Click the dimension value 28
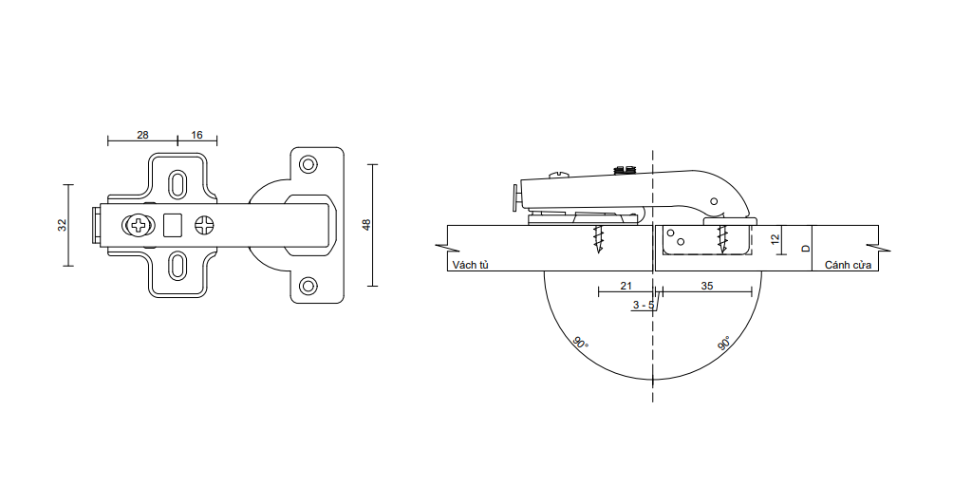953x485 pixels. [142, 135]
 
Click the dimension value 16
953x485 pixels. [196, 135]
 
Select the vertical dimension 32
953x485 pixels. [62, 225]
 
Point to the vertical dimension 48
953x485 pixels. [365, 225]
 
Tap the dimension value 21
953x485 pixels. [626, 285]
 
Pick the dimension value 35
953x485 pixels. [707, 285]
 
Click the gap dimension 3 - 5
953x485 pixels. [643, 305]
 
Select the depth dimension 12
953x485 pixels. [775, 239]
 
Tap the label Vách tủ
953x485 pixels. [471, 265]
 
